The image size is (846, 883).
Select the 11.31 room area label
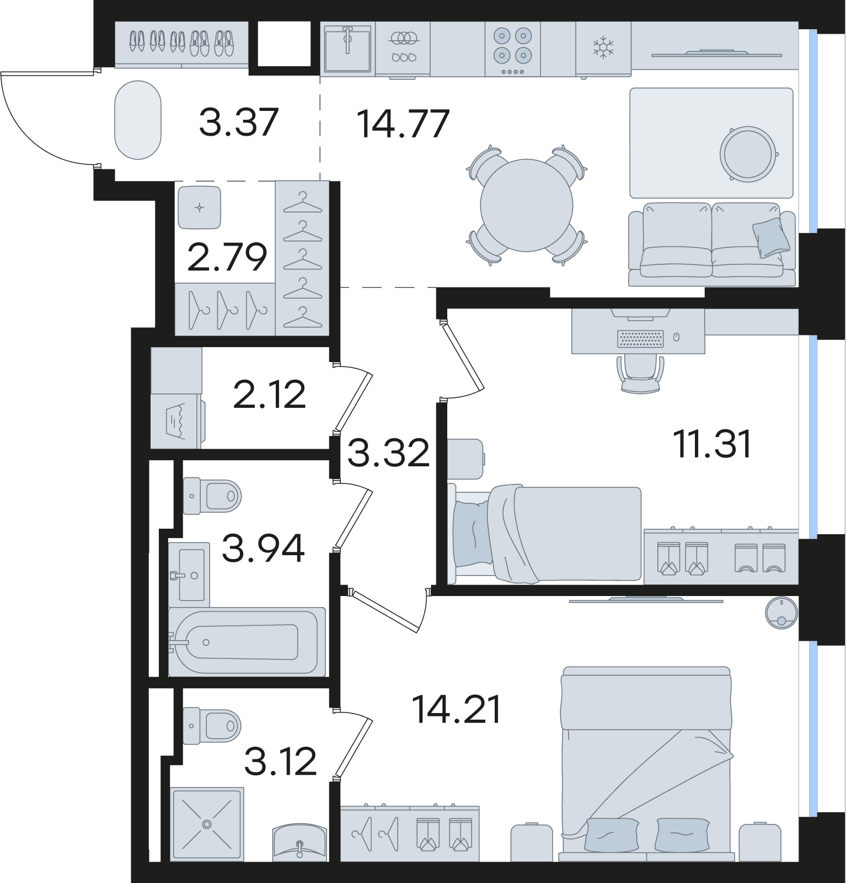click(x=713, y=445)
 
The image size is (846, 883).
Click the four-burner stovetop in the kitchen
click(x=512, y=49)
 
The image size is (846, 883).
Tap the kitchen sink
click(x=347, y=47)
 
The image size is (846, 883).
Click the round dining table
click(x=527, y=205)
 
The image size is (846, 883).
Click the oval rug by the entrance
click(x=138, y=120)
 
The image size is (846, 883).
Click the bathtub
click(x=247, y=642)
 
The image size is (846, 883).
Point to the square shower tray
click(x=207, y=824)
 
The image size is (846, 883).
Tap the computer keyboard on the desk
click(x=640, y=339)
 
